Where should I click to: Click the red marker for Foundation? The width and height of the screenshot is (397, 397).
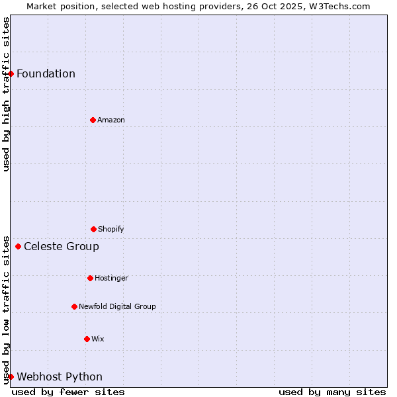click(x=11, y=73)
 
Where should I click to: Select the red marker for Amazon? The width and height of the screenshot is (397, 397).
click(x=93, y=120)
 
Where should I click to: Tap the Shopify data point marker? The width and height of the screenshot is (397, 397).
click(x=93, y=229)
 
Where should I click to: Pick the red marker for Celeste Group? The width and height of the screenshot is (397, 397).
click(x=18, y=247)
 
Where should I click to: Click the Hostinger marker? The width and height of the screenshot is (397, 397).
click(x=90, y=278)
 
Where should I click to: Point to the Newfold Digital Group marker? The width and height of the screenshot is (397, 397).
click(x=74, y=306)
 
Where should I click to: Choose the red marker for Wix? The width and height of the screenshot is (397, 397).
click(x=87, y=339)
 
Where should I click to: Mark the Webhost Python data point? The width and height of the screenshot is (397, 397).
click(x=11, y=376)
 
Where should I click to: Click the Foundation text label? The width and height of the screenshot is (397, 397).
click(x=46, y=73)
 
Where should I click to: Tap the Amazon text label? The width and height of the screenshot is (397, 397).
click(x=111, y=120)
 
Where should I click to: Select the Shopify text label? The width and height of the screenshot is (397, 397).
click(x=111, y=229)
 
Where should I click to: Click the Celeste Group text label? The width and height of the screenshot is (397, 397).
click(x=62, y=247)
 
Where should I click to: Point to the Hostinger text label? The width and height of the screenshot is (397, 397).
click(x=111, y=278)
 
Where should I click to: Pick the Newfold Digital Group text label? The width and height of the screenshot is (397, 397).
click(x=117, y=306)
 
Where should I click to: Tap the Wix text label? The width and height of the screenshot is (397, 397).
click(x=98, y=339)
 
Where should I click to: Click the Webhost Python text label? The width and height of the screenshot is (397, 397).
click(x=60, y=376)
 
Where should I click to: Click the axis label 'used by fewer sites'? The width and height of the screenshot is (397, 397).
click(x=68, y=392)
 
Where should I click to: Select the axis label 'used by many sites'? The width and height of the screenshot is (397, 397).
click(x=332, y=392)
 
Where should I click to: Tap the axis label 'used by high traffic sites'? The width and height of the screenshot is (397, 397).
click(x=6, y=94)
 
